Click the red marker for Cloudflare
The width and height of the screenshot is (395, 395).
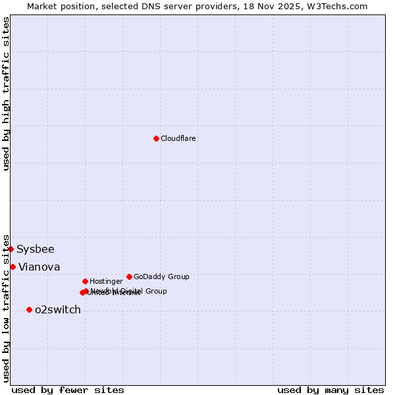(x=156, y=138)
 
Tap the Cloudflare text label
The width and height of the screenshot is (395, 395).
(x=178, y=138)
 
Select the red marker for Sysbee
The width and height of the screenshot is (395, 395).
(x=11, y=249)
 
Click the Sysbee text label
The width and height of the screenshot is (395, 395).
(x=36, y=250)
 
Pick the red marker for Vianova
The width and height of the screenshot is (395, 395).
(x=13, y=267)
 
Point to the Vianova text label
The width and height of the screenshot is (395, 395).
(x=39, y=267)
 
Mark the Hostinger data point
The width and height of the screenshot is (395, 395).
(x=85, y=281)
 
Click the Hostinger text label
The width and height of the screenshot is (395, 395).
(x=106, y=282)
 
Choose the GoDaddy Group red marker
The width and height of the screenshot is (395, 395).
(x=129, y=276)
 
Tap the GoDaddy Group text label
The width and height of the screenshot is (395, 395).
(x=161, y=276)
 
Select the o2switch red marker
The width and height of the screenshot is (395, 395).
(x=29, y=309)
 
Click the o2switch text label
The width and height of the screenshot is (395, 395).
(x=57, y=310)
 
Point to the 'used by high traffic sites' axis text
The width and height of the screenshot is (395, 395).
(x=6, y=93)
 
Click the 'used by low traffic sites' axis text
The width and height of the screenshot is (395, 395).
(x=6, y=307)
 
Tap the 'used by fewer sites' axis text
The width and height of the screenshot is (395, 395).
(x=68, y=390)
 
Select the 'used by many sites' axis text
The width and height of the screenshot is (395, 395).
(x=330, y=390)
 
